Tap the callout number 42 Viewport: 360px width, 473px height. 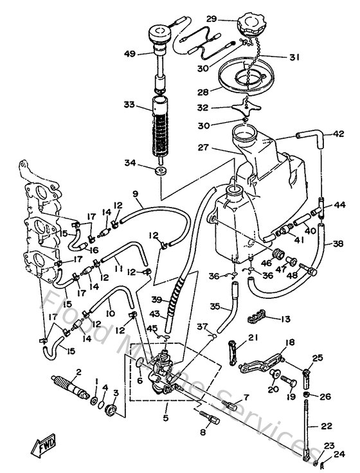[x=339, y=134]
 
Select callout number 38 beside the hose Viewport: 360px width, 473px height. [x=338, y=244]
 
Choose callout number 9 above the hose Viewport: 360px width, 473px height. [x=136, y=193]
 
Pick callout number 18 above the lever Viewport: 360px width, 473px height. [x=290, y=343]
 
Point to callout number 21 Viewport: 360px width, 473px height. [x=253, y=339]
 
